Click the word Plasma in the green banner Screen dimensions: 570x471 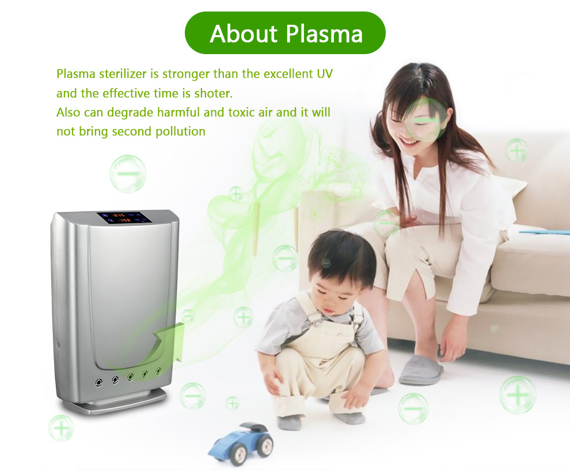(x=324, y=35)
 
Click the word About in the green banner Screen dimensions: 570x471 (x=244, y=33)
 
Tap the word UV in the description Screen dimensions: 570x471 (x=325, y=74)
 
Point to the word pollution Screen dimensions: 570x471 (x=180, y=131)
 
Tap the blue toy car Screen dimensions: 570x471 (x=241, y=441)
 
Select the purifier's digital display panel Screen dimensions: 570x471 (x=124, y=218)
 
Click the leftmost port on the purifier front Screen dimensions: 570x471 (x=98, y=382)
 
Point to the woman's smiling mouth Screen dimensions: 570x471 (x=406, y=142)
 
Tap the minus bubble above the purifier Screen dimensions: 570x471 (x=128, y=174)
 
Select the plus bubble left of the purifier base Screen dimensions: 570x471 (x=61, y=428)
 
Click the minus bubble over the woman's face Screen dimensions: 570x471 (x=425, y=119)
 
